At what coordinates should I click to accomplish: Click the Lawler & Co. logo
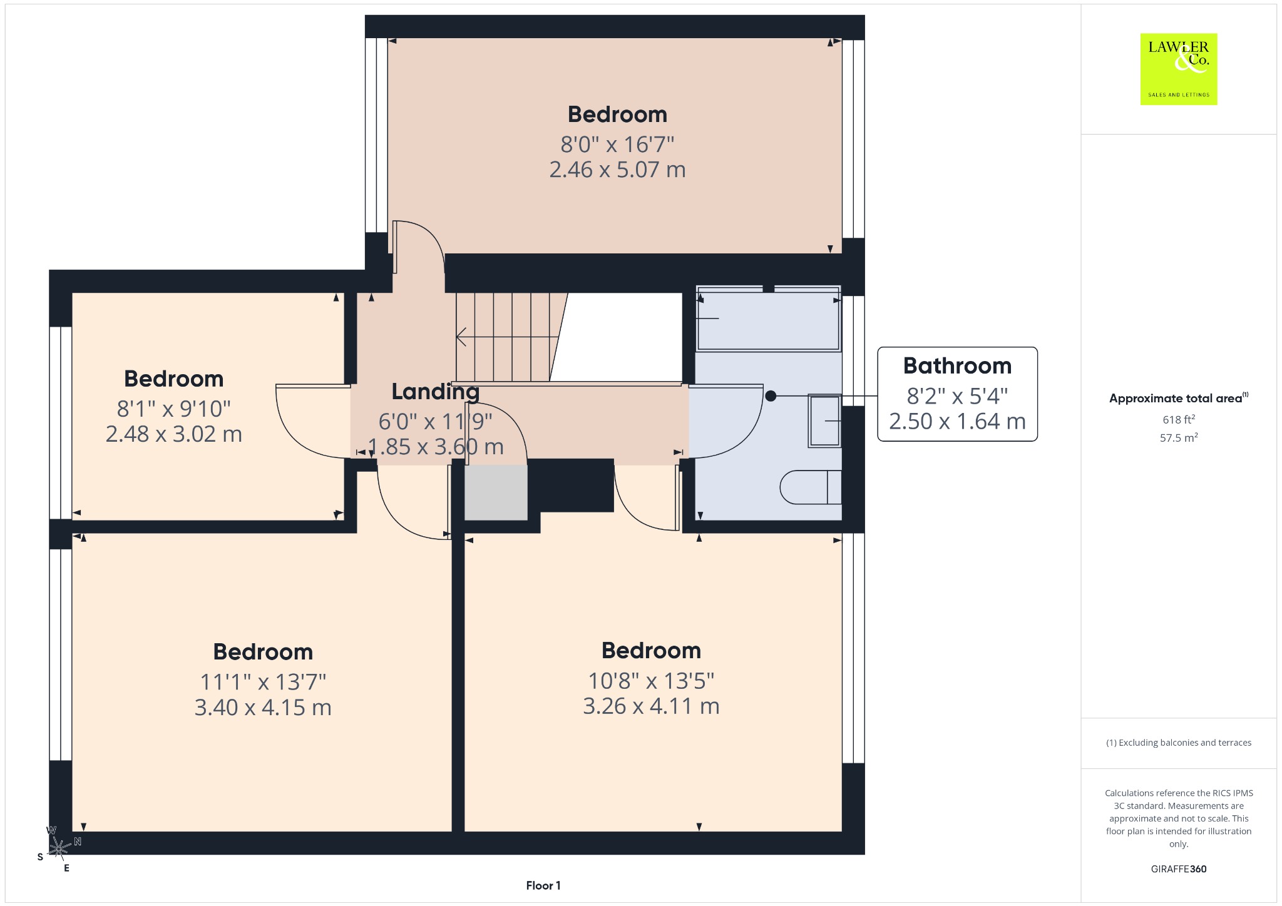click(x=1179, y=69)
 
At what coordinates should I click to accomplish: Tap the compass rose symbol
click(x=59, y=848)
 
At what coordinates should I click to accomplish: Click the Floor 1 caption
click(x=543, y=885)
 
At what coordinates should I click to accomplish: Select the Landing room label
click(x=436, y=392)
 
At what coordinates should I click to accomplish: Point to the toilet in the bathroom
click(x=811, y=487)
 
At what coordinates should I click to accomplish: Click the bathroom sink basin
click(x=824, y=421)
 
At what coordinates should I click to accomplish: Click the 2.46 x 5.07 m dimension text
click(x=617, y=170)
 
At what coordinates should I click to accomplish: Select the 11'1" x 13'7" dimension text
click(x=263, y=681)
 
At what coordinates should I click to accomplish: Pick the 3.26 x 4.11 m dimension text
click(x=651, y=706)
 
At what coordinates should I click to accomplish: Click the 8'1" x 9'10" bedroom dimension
click(x=174, y=409)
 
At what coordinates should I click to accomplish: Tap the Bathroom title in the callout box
click(x=957, y=365)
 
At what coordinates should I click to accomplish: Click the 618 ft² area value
click(x=1179, y=419)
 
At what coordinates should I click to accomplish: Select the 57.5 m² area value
click(x=1179, y=437)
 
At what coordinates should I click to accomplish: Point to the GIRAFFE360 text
click(x=1179, y=868)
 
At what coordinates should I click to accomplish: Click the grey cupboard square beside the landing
click(x=496, y=492)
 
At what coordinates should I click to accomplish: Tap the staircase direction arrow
click(x=507, y=337)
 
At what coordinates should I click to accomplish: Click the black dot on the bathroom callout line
click(x=771, y=396)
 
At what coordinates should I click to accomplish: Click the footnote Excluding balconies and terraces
click(x=1179, y=743)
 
